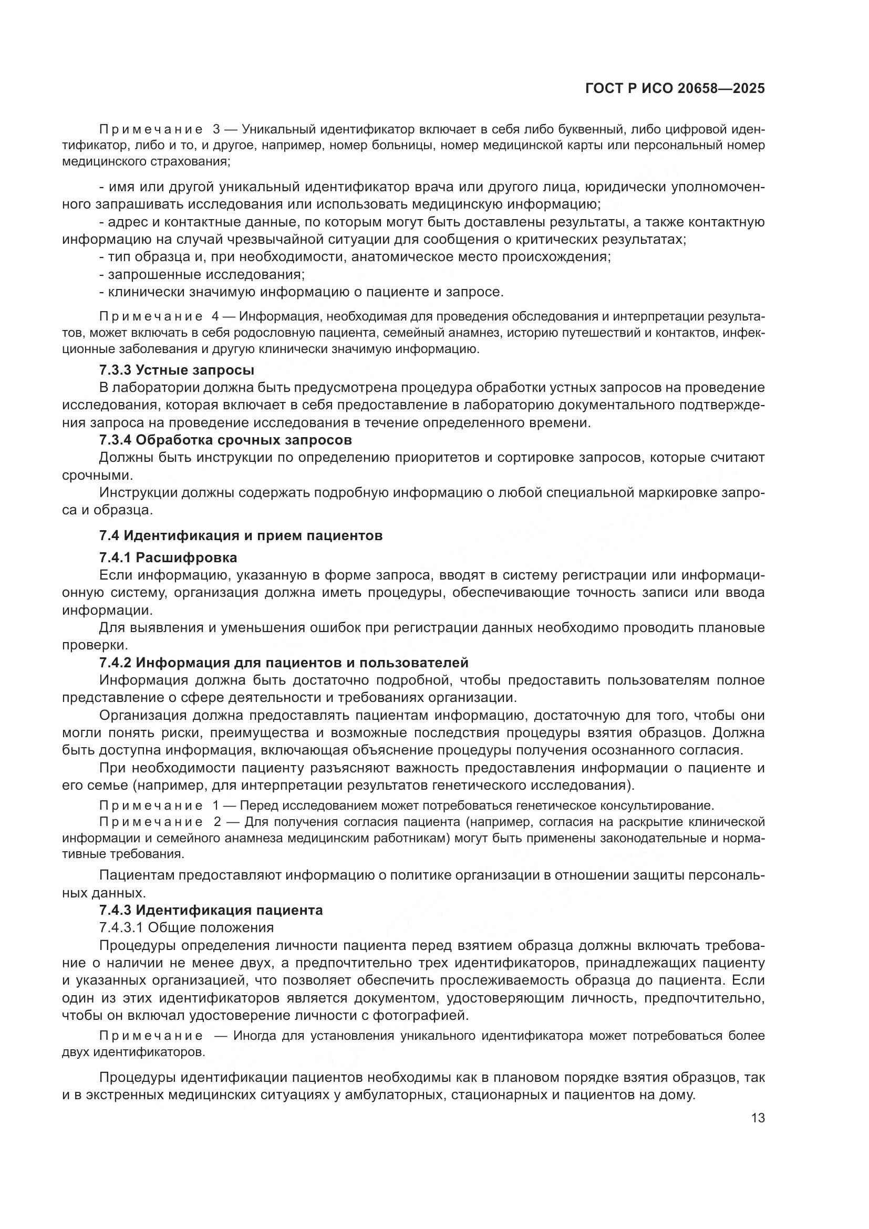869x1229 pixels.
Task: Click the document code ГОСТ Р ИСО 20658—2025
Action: [x=675, y=89]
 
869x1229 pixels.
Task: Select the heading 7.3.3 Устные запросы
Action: [x=177, y=370]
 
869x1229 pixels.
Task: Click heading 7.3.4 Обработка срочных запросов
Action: [x=225, y=440]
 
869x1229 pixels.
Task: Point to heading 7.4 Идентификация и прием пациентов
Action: [x=241, y=535]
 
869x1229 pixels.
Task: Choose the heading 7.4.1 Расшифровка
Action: [x=168, y=557]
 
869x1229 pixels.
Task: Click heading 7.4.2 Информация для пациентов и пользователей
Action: [x=284, y=663]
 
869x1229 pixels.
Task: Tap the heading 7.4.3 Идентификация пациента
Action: [x=211, y=910]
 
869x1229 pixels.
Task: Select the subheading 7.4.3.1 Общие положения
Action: [x=186, y=927]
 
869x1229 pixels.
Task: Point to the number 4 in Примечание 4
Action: [x=215, y=316]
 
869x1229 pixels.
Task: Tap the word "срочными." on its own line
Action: [x=97, y=476]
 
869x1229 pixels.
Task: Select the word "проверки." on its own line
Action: [x=95, y=645]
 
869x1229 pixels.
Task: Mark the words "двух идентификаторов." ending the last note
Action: [x=133, y=1052]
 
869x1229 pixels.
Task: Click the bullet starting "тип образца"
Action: [x=353, y=257]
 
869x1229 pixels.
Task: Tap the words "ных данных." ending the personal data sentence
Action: [x=104, y=893]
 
